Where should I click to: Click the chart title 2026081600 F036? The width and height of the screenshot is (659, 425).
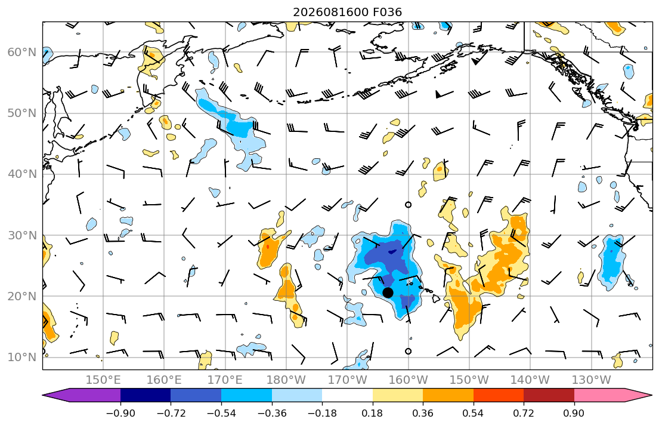(347, 12)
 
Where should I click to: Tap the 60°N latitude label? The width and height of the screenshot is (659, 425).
(22, 52)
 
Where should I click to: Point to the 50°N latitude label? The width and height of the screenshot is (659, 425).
(22, 113)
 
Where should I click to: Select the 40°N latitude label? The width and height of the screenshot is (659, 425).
(22, 174)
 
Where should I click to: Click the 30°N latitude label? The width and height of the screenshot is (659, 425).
(22, 235)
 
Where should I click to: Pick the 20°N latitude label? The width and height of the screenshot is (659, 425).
(22, 296)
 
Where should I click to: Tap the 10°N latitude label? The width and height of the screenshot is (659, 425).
(22, 358)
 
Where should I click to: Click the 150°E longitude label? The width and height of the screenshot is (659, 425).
(103, 380)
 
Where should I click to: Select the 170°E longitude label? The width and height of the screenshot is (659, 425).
(225, 380)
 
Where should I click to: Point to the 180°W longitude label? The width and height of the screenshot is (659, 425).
(286, 380)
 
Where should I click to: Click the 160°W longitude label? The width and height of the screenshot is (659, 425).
(408, 380)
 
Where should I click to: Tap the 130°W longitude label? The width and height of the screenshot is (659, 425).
(592, 380)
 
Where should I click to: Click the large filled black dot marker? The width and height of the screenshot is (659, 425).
(388, 292)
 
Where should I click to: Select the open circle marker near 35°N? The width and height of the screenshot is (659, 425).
(408, 205)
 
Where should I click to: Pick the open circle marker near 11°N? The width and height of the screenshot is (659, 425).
(408, 352)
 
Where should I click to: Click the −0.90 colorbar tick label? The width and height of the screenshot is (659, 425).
(120, 413)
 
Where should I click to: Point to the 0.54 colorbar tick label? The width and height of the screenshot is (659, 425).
(474, 413)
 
